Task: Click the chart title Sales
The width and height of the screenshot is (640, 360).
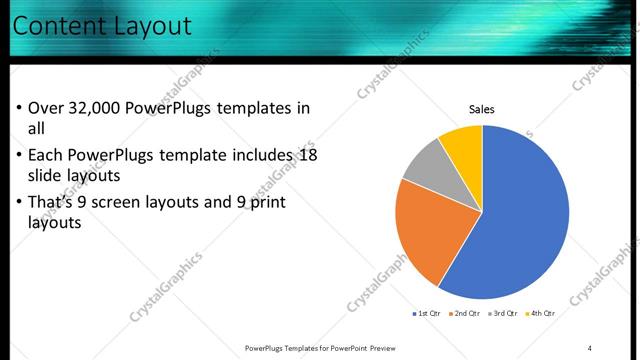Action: click(482, 110)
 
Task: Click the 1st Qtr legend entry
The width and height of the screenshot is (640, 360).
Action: click(428, 313)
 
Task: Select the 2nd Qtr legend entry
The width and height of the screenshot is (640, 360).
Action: click(465, 313)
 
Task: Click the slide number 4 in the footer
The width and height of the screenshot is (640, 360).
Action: click(590, 348)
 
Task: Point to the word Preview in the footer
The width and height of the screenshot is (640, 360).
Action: click(381, 348)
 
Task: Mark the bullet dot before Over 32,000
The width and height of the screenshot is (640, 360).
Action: click(19, 109)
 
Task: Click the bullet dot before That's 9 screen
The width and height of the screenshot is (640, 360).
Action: click(19, 203)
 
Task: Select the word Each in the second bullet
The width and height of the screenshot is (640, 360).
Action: click(47, 155)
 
